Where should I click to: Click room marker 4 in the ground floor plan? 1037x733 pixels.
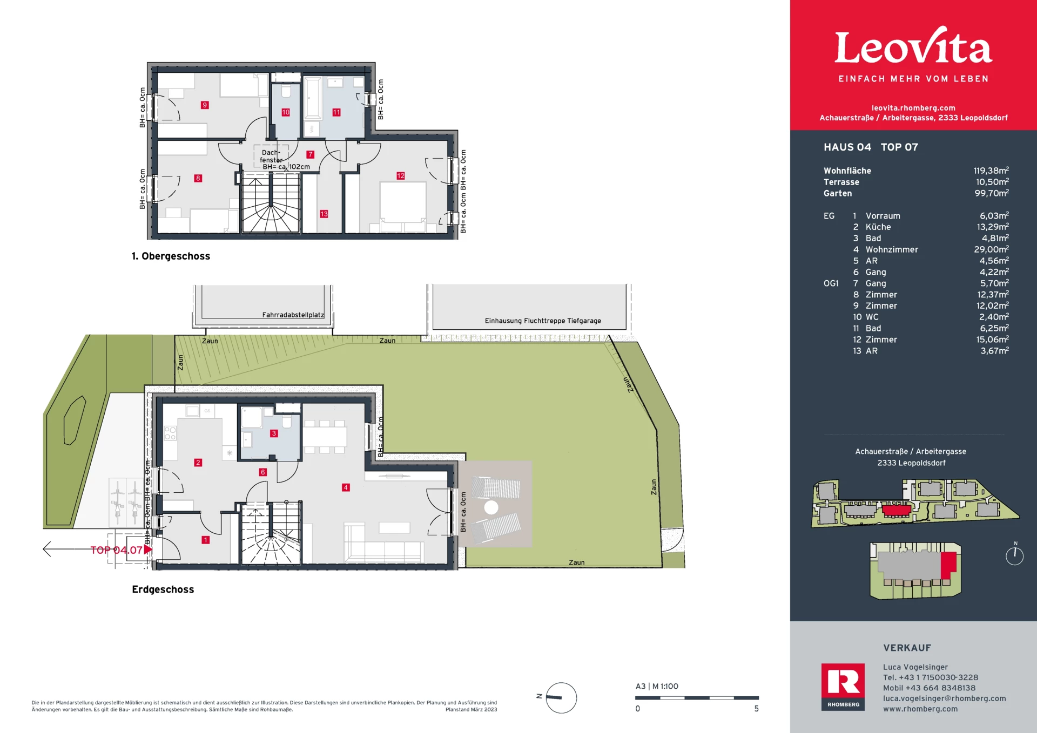click(346, 487)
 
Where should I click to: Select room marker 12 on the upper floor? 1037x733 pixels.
click(400, 175)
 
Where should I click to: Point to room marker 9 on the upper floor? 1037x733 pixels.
click(205, 105)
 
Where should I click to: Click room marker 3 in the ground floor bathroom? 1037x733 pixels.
click(274, 433)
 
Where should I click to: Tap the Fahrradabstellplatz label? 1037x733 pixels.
click(293, 315)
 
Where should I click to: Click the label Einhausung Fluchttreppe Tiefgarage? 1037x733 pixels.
click(543, 321)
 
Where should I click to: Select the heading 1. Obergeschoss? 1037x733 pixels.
click(171, 256)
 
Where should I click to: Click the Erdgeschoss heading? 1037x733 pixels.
click(163, 589)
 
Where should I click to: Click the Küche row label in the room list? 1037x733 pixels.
click(878, 227)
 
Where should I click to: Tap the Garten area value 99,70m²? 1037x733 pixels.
click(992, 193)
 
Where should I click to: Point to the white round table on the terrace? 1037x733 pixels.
click(491, 507)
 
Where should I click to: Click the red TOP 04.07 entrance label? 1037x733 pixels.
click(116, 550)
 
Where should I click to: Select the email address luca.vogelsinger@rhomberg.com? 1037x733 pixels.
click(945, 698)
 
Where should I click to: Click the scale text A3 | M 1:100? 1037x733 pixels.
click(657, 687)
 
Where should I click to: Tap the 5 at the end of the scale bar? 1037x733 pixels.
click(757, 709)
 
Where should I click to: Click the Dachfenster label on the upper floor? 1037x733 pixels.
click(271, 156)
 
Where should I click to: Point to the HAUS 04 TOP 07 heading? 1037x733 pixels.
click(871, 147)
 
